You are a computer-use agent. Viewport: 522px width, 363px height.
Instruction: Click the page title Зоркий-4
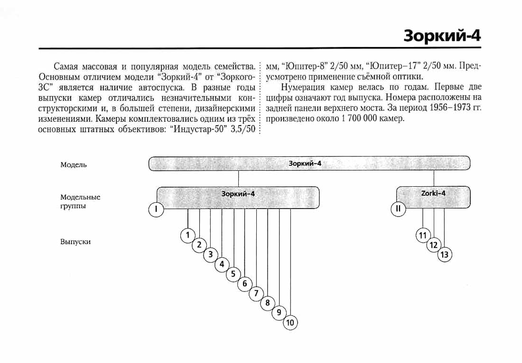[442, 35]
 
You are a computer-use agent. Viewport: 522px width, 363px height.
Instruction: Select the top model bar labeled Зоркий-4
[309, 163]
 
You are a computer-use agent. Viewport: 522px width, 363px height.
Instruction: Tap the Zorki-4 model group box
[433, 197]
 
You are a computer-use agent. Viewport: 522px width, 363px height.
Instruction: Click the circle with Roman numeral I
[156, 209]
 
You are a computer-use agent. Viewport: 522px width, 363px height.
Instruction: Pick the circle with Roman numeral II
[398, 209]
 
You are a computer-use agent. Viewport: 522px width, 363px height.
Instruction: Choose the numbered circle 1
[188, 236]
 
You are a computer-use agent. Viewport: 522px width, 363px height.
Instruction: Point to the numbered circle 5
[233, 274]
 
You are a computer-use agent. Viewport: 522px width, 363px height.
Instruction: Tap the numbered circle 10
[290, 322]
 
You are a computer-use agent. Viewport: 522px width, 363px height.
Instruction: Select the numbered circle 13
[445, 255]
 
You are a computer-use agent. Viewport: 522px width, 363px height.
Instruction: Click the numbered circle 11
[423, 236]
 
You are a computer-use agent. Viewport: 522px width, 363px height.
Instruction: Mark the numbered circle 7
[256, 293]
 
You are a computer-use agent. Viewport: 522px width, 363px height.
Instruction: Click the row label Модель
[74, 165]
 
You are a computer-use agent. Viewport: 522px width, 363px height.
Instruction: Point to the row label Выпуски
[75, 242]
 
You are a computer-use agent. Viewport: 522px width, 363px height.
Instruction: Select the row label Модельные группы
[80, 201]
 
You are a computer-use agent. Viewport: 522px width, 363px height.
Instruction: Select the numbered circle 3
[210, 254]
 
